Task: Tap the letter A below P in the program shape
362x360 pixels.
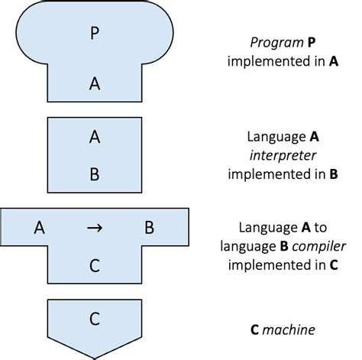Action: (x=94, y=85)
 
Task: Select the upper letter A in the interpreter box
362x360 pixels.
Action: (x=94, y=138)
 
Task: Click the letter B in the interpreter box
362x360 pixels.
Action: (x=94, y=174)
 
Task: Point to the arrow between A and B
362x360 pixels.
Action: (x=94, y=227)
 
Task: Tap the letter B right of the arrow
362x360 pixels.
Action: (x=150, y=227)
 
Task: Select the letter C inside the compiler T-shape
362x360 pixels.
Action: (x=94, y=265)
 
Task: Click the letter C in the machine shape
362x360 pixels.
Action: (x=94, y=319)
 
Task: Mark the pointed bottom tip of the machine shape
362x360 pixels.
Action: (x=94, y=357)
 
